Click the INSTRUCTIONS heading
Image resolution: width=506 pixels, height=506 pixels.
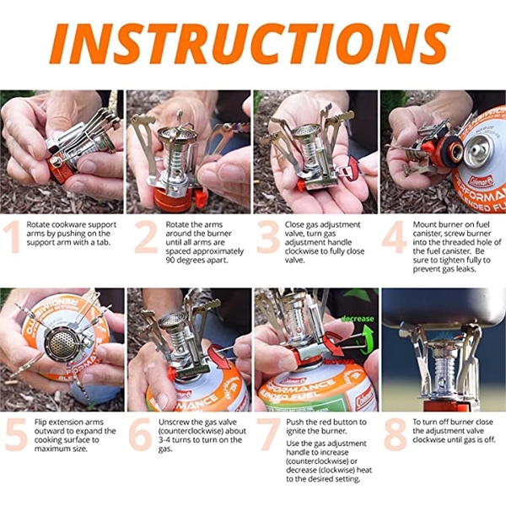point(250,43)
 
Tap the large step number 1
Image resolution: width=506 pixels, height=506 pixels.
point(13,237)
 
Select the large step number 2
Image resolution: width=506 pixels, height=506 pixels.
point(146,237)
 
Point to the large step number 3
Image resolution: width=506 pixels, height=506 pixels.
point(268,237)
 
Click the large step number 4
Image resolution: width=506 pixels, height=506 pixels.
point(394,237)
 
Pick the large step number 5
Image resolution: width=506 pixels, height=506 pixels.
point(16,434)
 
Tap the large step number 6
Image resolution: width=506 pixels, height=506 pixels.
point(140,434)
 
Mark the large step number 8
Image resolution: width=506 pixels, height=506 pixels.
point(396,434)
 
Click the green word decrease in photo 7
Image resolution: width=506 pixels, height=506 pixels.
point(358,319)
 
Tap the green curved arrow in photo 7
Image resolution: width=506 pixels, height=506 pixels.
point(367,342)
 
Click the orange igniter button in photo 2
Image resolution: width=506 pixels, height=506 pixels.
point(201,198)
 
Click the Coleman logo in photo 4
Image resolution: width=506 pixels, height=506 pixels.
point(482,181)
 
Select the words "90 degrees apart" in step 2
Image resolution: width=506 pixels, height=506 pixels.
point(197,260)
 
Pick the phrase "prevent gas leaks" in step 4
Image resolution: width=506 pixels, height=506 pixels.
point(444,269)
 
